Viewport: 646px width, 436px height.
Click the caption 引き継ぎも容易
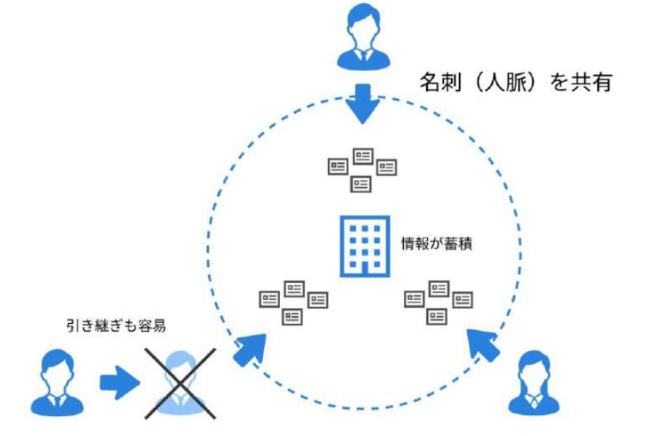[116, 325]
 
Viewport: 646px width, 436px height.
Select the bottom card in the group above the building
[361, 184]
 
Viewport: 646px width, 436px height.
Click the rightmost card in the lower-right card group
[463, 299]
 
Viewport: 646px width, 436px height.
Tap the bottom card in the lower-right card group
[438, 316]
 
